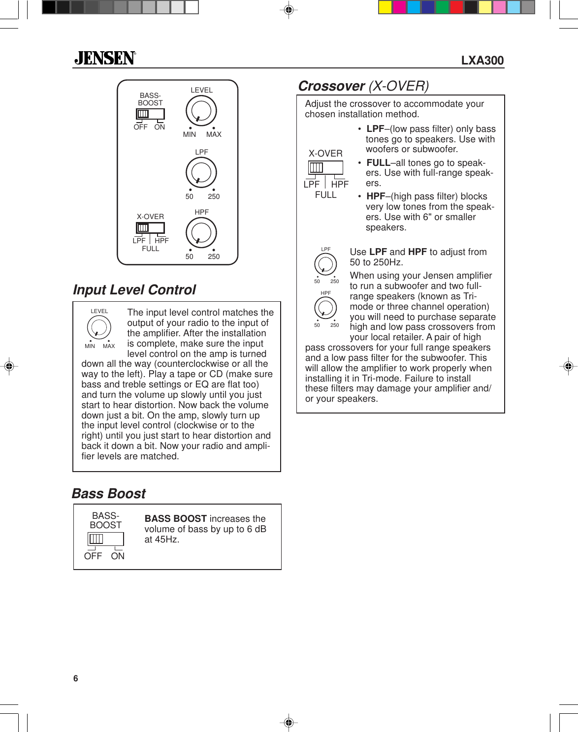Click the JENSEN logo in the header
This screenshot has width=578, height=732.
point(105,59)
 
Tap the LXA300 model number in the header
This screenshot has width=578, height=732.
point(482,61)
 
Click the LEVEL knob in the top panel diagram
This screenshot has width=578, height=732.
point(201,111)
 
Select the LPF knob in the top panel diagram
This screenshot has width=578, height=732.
point(201,172)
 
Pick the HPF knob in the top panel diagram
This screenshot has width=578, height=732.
point(201,233)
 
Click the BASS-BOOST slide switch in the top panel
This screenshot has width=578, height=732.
point(150,114)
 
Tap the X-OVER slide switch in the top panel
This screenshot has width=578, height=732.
point(150,228)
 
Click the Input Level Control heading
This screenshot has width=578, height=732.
point(134,290)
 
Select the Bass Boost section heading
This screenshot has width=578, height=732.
point(109,494)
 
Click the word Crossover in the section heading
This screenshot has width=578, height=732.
point(331,86)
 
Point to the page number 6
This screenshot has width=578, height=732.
point(75,678)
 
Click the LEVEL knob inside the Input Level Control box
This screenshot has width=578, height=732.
point(99,327)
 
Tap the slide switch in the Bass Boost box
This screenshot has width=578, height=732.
point(105,539)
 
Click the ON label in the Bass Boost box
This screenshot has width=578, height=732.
point(118,556)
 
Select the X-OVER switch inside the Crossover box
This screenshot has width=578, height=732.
point(325,168)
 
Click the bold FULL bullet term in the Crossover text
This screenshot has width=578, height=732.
point(378,163)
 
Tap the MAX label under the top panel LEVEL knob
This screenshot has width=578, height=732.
point(214,134)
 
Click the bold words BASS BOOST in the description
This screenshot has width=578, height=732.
point(175,519)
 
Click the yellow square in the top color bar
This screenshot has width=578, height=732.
point(385,7)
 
